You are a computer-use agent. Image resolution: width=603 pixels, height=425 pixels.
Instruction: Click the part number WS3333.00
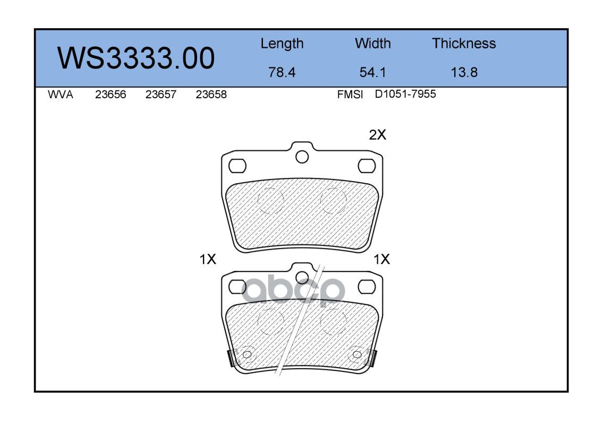click(136, 58)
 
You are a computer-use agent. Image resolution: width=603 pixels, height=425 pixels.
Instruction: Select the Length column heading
click(282, 44)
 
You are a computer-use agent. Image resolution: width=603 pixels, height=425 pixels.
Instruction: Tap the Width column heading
click(372, 43)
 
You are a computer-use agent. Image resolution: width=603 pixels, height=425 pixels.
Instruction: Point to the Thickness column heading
click(464, 43)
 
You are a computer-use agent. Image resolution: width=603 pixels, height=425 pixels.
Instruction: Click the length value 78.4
click(282, 72)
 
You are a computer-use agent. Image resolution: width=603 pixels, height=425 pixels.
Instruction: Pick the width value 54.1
click(372, 72)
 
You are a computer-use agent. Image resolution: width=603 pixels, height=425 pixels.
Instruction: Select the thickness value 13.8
click(464, 72)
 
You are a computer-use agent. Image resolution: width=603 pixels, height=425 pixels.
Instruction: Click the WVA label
click(61, 95)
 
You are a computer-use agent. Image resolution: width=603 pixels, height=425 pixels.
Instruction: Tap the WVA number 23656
click(111, 95)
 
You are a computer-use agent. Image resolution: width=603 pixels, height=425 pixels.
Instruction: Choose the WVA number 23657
click(161, 95)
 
